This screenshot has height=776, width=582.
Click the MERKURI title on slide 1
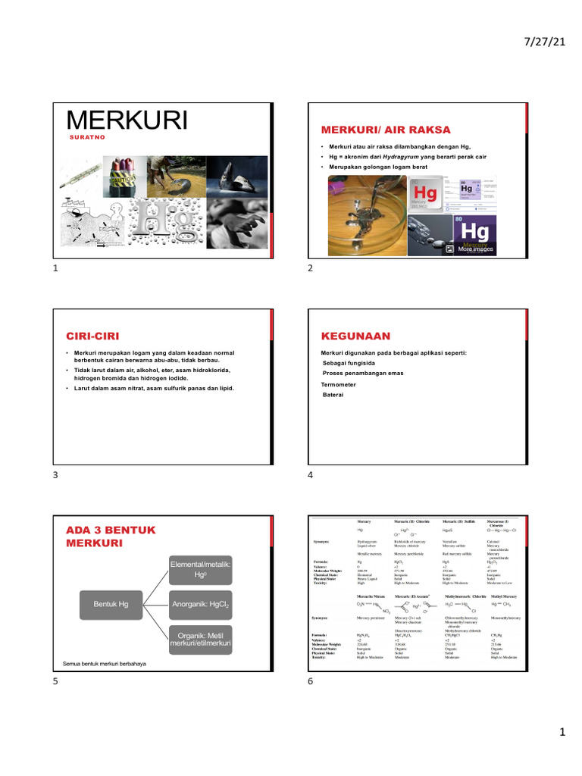(127, 120)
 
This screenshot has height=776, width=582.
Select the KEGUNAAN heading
(355, 335)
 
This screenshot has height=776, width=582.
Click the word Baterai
(333, 395)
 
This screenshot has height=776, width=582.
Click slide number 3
(55, 475)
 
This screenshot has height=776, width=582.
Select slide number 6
(310, 681)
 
